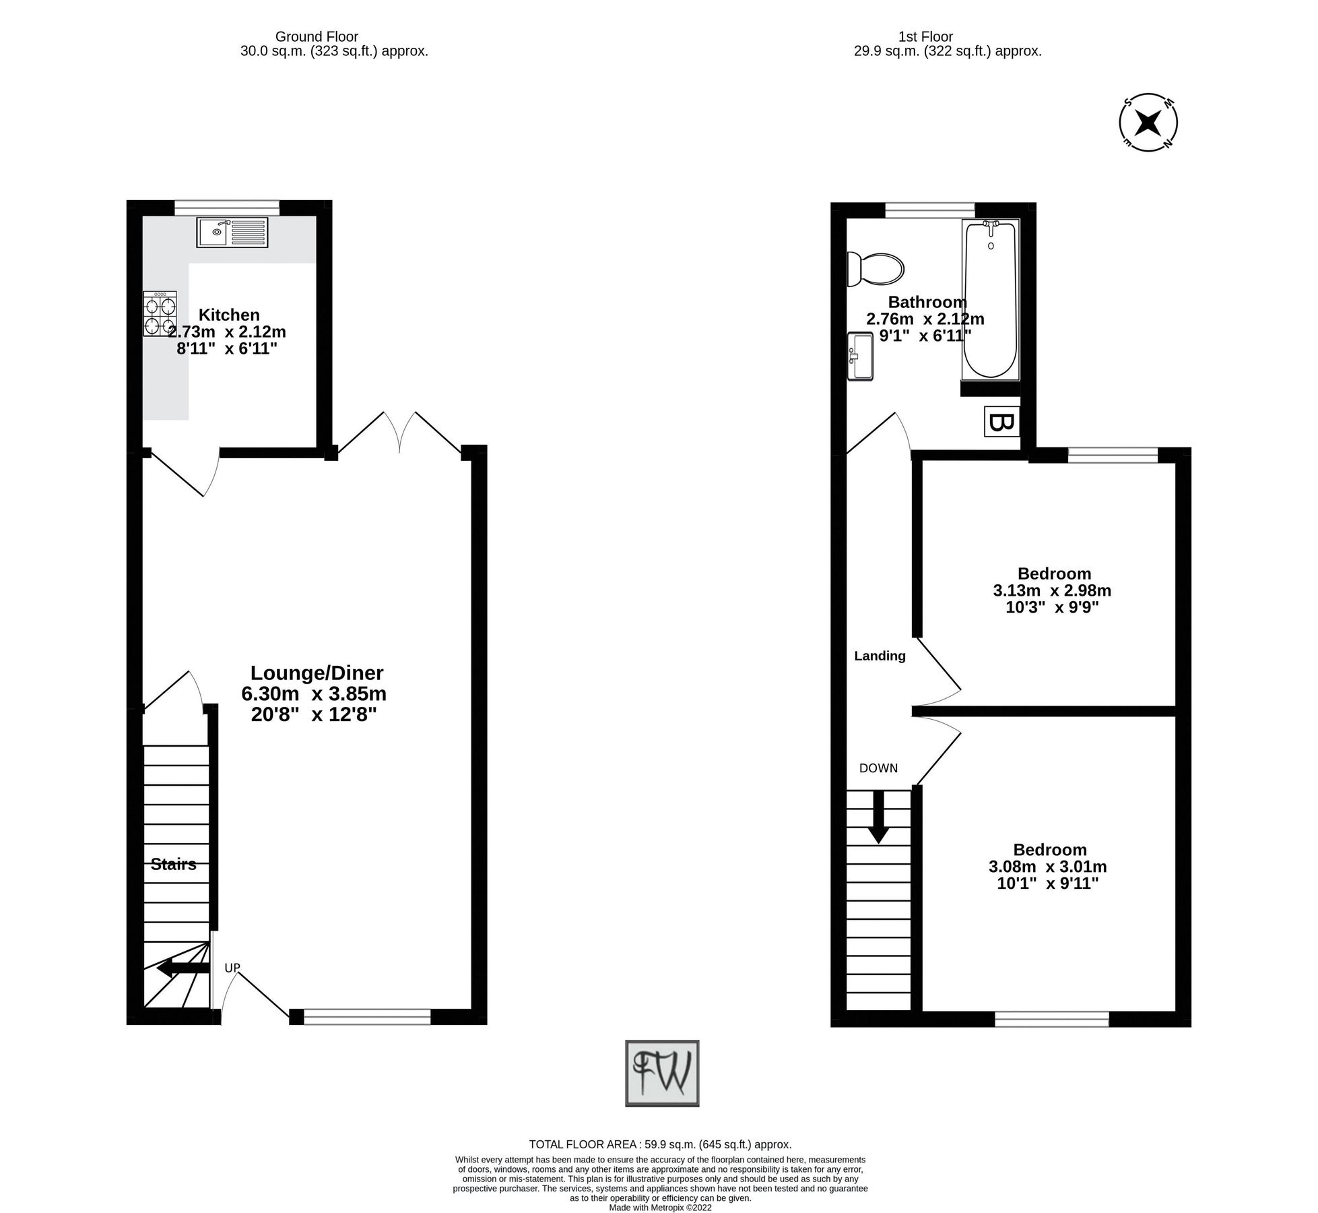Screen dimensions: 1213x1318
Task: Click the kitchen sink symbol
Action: coord(232,232)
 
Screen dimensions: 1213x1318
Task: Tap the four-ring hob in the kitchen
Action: coord(160,313)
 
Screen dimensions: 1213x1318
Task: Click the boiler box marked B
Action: coord(1001,423)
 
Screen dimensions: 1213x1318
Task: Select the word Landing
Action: coord(880,656)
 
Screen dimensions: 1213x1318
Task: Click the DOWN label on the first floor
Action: coord(878,768)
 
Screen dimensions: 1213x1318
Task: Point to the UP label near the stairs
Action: coord(232,968)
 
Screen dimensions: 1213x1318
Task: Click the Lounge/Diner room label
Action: coord(317,673)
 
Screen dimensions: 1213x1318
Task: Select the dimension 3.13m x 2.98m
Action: coord(1052,591)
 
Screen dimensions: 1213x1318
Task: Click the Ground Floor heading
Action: coord(317,37)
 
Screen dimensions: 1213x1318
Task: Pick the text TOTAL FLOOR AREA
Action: coord(583,1144)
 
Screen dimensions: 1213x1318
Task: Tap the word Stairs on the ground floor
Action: coord(174,865)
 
